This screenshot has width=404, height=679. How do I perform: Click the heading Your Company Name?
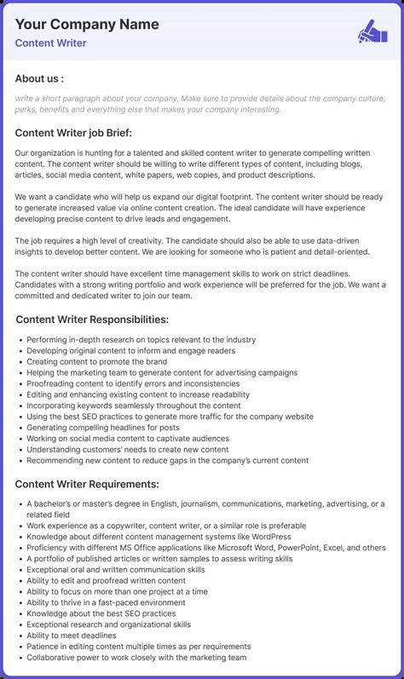[87, 25]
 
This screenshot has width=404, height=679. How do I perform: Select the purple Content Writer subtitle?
[50, 43]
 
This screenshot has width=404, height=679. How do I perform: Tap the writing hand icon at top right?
[372, 32]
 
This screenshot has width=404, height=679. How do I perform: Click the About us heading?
[39, 78]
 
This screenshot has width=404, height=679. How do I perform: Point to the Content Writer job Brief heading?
[73, 132]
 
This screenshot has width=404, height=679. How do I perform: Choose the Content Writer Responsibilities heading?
[91, 319]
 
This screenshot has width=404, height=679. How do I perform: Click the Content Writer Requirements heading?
[87, 484]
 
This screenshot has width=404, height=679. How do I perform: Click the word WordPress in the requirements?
[267, 537]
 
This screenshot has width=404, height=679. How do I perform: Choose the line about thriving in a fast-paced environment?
[106, 602]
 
